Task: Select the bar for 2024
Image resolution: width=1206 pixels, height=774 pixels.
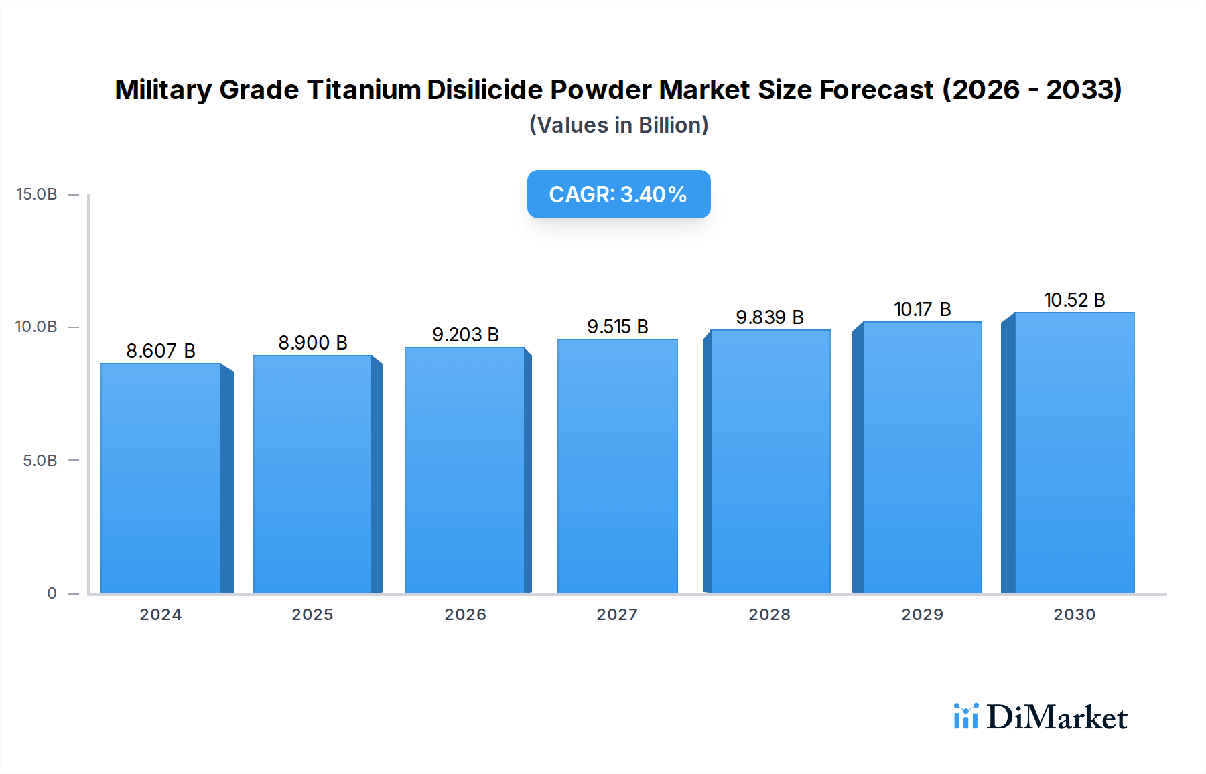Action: point(161,478)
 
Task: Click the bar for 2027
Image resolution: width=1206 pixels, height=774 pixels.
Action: point(617,466)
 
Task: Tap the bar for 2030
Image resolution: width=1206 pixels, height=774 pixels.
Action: point(1074,453)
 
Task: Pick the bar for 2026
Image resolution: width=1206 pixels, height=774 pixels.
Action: point(465,470)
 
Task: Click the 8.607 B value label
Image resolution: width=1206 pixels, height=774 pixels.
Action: point(161,351)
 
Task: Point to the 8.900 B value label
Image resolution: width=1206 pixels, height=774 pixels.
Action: point(313,343)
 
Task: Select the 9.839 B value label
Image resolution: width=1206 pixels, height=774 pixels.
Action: point(769,317)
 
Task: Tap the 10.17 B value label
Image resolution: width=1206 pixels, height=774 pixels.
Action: point(922,309)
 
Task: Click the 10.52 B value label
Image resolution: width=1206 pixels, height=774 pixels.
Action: point(1074,300)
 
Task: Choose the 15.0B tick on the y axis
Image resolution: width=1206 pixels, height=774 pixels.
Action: point(37,194)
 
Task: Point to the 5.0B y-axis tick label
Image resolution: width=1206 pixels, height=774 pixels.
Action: point(40,461)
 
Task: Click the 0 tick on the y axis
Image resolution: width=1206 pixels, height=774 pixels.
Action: point(52,593)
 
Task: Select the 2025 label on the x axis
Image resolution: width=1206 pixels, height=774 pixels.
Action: point(312,615)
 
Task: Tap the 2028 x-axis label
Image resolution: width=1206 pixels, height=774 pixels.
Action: point(769,615)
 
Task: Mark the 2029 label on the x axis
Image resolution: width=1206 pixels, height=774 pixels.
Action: point(922,615)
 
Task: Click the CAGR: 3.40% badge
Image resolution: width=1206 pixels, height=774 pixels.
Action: point(618,194)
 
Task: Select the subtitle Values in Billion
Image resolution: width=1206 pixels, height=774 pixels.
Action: point(618,125)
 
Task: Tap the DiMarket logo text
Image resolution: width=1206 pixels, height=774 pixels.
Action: point(1057,718)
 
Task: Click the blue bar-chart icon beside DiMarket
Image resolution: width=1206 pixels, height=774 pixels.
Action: point(965,716)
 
